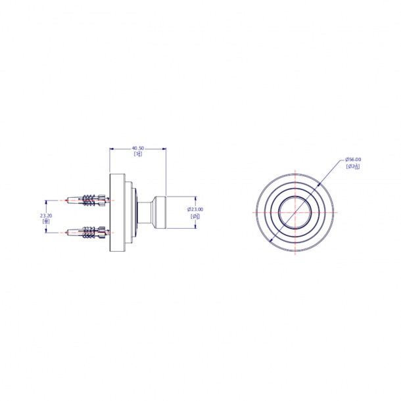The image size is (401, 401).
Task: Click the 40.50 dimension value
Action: pos(138,148)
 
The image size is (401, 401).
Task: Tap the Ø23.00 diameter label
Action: pos(196,209)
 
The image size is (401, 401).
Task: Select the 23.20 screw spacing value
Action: pos(46,215)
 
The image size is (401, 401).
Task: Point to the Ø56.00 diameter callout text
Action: pos(354,160)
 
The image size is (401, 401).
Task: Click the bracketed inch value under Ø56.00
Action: pos(353,166)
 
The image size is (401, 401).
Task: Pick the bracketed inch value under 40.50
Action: pos(138,154)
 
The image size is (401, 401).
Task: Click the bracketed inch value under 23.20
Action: pos(46,222)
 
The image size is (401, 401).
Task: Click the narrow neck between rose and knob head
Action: pos(143,212)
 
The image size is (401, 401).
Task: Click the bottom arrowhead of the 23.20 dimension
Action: pos(46,230)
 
